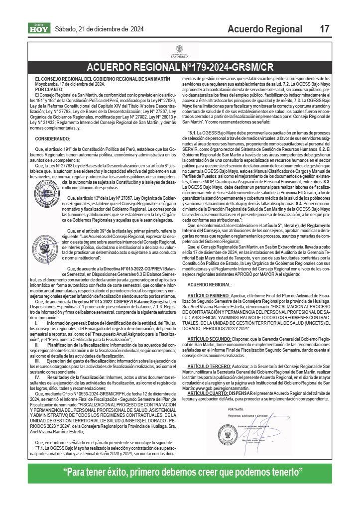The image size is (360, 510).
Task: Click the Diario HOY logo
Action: (38, 28)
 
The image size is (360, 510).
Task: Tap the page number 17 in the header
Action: (324, 29)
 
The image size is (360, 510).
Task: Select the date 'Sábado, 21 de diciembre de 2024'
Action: (99, 29)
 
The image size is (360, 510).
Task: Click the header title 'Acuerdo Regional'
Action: (264, 29)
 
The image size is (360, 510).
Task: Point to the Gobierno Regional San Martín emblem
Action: (180, 52)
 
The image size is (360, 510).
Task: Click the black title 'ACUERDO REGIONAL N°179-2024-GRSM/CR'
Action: (180, 67)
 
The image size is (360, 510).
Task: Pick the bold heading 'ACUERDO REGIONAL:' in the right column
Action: (209, 284)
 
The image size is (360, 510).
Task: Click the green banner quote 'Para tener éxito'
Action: (180, 472)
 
